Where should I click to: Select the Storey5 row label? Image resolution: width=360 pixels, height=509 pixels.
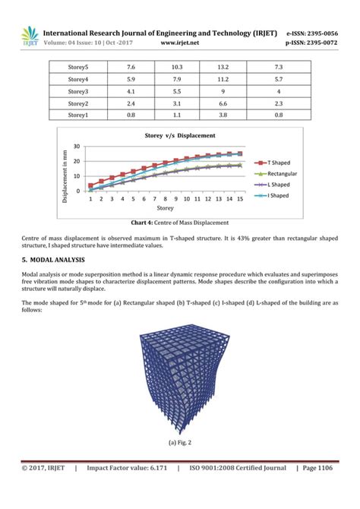pos(77,68)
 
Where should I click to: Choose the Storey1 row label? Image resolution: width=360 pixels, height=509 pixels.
pos(77,115)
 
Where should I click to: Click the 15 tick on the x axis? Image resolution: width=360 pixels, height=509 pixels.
pos(240,199)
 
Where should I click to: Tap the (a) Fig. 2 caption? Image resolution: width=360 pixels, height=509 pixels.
pos(179,441)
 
